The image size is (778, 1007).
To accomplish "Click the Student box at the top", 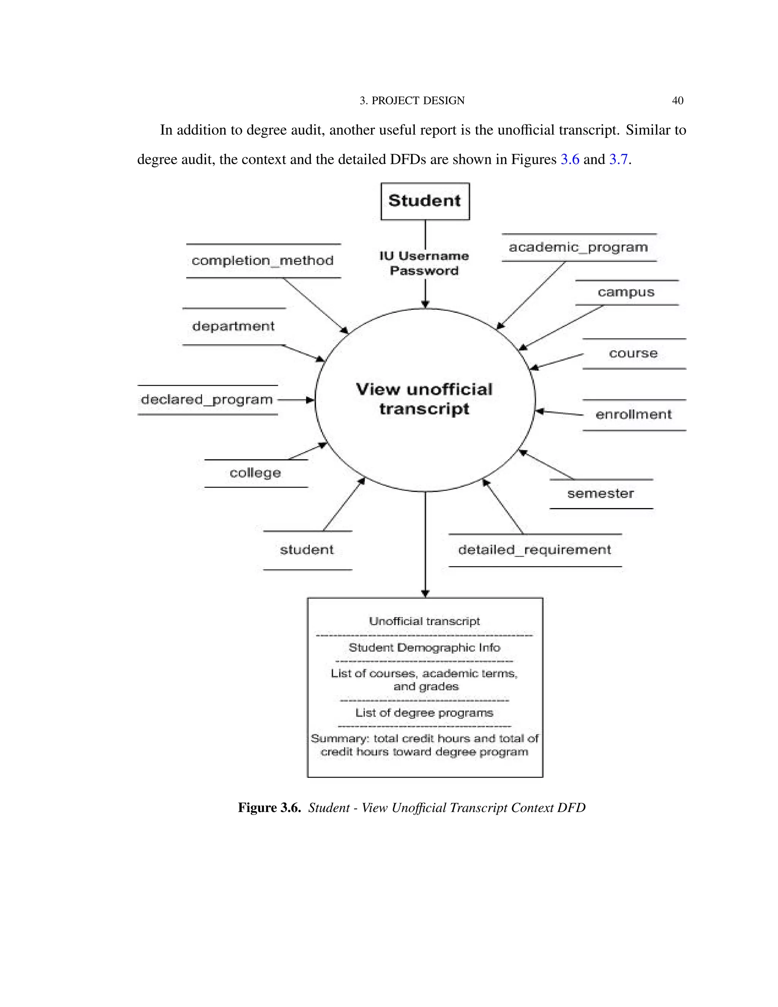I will pos(424,201).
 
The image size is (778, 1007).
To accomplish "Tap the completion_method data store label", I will pos(263,261).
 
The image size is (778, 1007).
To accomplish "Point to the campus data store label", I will pos(626,292).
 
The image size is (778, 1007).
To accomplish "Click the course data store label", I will pos(633,354).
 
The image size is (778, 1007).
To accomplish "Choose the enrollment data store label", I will pos(634,415).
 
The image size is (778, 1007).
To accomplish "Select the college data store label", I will pos(255,473).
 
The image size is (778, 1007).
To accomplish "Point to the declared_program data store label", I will pos(207,399).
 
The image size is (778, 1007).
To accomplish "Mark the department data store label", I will pos(233,326).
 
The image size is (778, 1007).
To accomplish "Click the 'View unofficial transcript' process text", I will pos(424,399).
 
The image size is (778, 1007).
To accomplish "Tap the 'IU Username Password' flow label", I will pos(424,263).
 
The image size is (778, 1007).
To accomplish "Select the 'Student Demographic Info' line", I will pos(424,648).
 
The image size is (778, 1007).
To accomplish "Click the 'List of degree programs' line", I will pos(424,713).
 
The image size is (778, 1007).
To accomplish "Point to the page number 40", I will pos(678,101).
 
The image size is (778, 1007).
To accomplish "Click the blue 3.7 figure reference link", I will pos(618,160).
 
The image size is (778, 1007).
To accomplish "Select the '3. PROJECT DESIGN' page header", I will pos(412,101).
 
